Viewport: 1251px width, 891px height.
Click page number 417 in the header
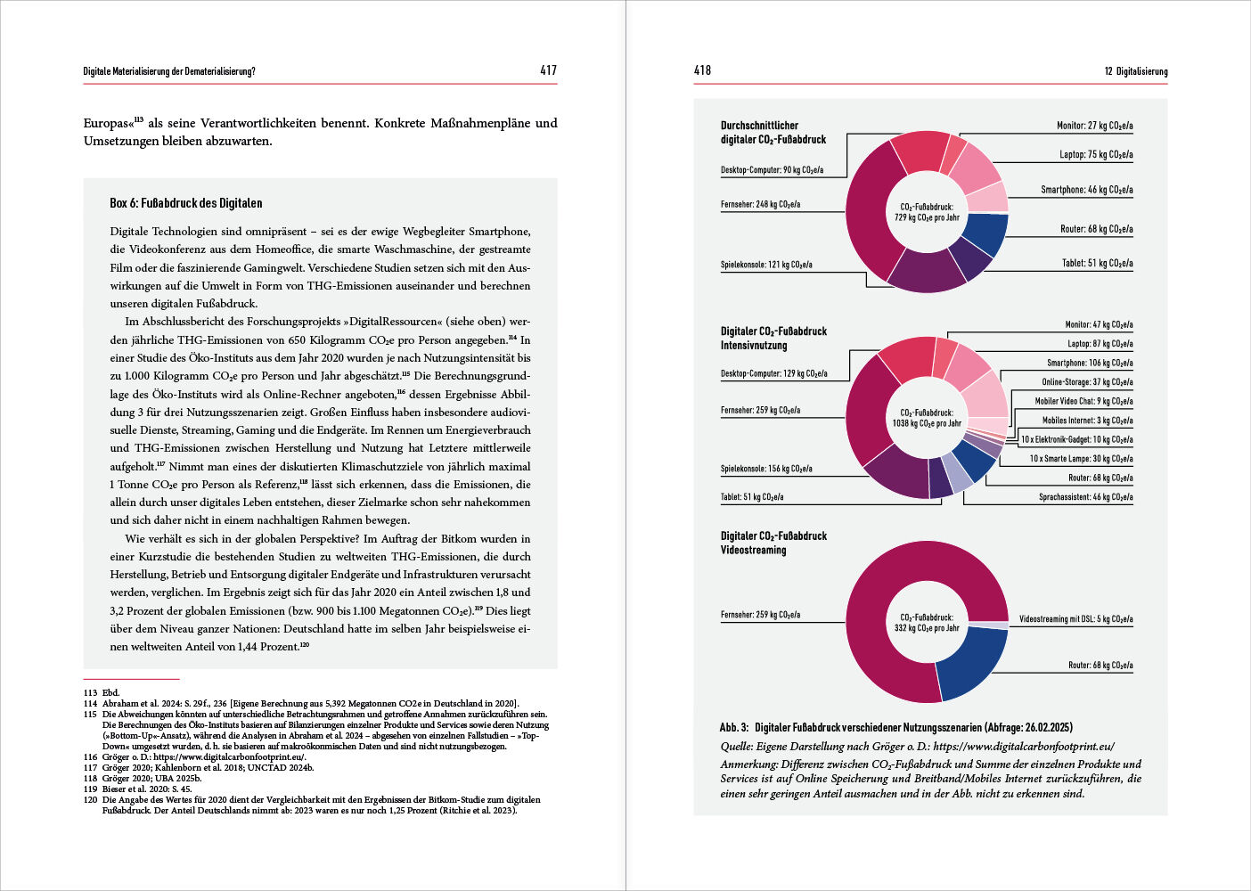[548, 70]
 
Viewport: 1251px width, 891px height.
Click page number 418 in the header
[702, 70]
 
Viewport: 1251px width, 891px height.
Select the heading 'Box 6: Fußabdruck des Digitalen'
[185, 203]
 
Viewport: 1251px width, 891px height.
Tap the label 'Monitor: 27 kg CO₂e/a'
[1094, 126]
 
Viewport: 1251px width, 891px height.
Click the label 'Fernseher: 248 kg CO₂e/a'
[760, 204]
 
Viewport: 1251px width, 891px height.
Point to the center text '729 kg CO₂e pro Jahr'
[927, 217]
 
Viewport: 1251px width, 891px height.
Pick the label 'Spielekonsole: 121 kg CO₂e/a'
[766, 265]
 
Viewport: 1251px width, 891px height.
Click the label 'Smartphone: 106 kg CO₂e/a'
[1090, 363]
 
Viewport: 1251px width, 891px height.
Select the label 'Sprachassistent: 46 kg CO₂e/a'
[1085, 497]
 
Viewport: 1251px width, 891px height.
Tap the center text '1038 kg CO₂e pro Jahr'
[927, 423]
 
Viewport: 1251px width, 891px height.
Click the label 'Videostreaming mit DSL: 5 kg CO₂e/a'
[1075, 618]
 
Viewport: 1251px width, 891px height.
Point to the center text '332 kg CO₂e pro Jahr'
[927, 628]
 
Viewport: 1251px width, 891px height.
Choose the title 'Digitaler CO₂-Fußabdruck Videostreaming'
[773, 543]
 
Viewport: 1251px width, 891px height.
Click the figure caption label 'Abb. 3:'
[734, 728]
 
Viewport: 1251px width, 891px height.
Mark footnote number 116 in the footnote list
[90, 756]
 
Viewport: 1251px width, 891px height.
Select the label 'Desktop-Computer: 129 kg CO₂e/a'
[773, 373]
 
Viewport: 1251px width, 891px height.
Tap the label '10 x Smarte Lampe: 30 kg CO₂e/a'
[1081, 459]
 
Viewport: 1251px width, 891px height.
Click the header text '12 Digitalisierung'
[1135, 71]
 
